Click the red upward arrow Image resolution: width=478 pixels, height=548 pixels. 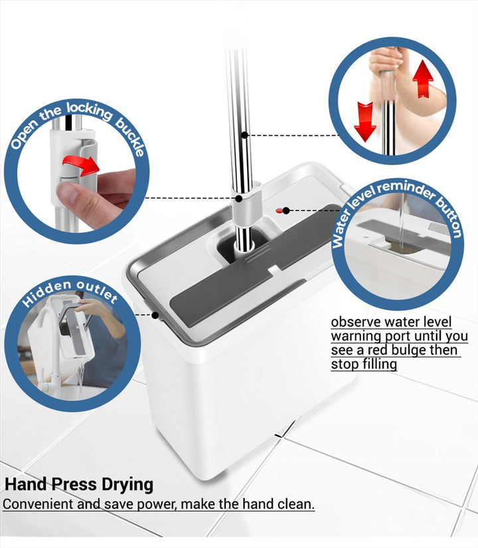tap(423, 78)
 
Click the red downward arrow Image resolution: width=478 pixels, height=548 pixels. tap(365, 122)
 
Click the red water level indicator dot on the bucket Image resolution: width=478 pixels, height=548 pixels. tap(279, 211)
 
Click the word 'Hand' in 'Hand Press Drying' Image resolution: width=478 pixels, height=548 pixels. tap(26, 484)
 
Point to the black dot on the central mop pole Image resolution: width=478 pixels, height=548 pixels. tap(244, 135)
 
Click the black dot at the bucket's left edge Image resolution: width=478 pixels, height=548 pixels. tap(155, 316)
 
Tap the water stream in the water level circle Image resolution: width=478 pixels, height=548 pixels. tap(402, 217)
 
